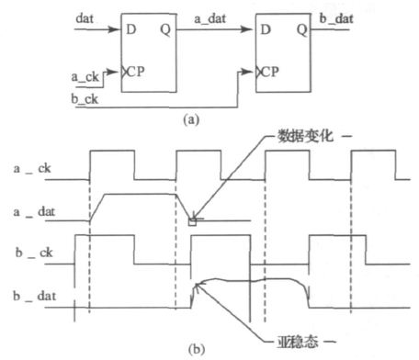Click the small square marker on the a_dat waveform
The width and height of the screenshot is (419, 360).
click(x=192, y=220)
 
